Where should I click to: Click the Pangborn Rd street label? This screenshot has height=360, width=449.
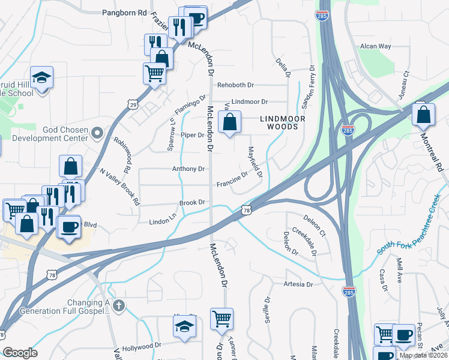(x=124, y=12)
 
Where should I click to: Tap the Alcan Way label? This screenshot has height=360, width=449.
(x=375, y=46)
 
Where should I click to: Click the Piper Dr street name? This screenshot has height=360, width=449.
(x=193, y=135)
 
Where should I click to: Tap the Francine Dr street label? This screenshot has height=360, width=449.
(x=232, y=178)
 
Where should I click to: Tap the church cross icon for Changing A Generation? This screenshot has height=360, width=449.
(x=119, y=305)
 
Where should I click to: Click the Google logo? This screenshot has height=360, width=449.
(x=20, y=353)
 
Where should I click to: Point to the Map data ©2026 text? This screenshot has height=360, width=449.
(x=423, y=355)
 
